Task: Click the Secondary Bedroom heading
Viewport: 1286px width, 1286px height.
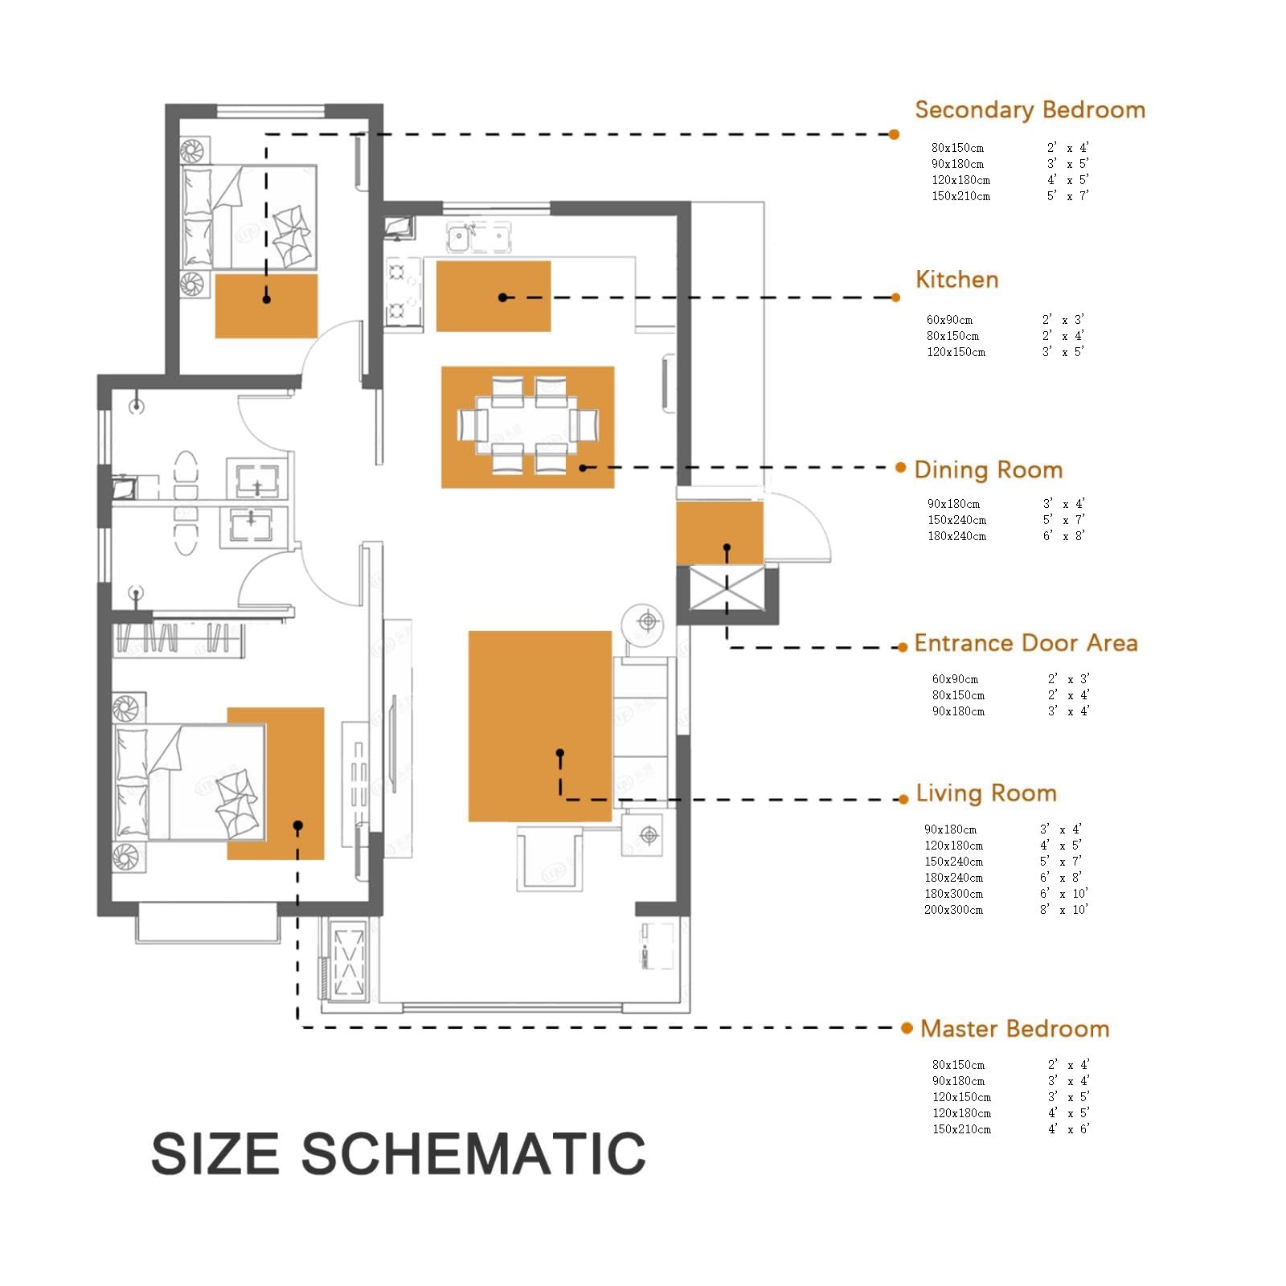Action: click(1030, 110)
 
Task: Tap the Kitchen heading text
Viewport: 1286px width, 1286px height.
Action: click(957, 280)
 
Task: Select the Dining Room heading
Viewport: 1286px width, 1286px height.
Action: click(989, 470)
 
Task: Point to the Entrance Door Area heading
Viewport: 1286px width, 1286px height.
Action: click(1026, 643)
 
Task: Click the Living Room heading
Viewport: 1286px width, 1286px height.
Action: click(986, 793)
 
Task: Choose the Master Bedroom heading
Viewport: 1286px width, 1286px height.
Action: click(1015, 1029)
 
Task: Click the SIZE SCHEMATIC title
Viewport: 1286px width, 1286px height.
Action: click(399, 1154)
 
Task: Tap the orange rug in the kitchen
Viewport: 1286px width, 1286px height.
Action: click(494, 296)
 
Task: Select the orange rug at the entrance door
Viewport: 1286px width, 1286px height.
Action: click(719, 532)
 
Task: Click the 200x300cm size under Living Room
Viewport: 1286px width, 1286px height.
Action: click(953, 910)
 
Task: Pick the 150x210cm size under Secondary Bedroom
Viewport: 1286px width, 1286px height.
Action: click(961, 196)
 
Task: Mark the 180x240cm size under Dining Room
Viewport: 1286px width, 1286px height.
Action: click(957, 536)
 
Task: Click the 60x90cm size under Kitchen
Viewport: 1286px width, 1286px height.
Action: click(949, 320)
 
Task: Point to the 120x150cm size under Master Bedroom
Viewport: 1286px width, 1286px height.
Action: click(962, 1097)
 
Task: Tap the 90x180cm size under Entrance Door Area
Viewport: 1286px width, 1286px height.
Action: click(958, 711)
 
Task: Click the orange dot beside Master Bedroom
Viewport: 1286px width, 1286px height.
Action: click(907, 1028)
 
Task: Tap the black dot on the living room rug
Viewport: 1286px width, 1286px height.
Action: click(560, 753)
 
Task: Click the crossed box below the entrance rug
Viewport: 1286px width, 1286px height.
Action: click(727, 589)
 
